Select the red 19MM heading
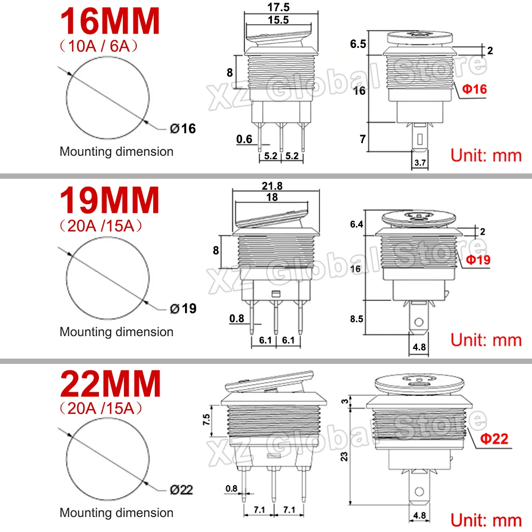(110, 201)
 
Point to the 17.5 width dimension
(279, 9)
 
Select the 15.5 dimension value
(278, 20)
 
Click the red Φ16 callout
(474, 89)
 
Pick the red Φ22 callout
(494, 438)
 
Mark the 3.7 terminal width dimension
(420, 163)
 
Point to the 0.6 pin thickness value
(244, 139)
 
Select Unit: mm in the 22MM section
(486, 519)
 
